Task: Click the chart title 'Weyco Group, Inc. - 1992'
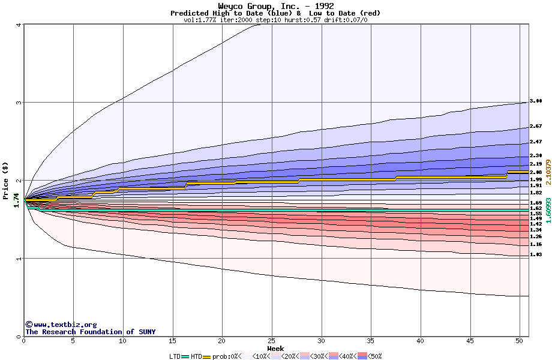[275, 6]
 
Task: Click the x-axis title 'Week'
[275, 349]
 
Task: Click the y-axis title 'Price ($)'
[5, 180]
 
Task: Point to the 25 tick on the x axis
[272, 341]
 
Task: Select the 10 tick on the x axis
[123, 341]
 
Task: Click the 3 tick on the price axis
[19, 103]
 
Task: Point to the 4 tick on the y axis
[19, 25]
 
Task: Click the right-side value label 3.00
[536, 101]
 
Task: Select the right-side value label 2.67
[536, 127]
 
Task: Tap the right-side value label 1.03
[536, 254]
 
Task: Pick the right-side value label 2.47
[536, 142]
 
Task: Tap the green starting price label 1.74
[16, 199]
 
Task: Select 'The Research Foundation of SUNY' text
[90, 332]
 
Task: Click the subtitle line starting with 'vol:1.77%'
[275, 20]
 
